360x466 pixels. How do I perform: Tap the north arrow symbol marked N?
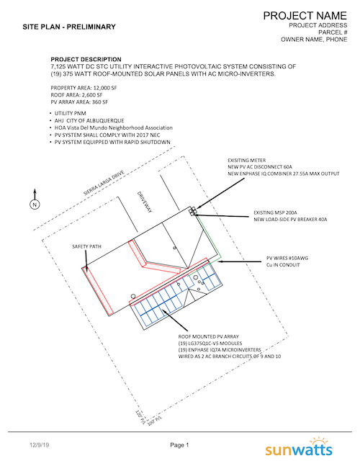coord(34,205)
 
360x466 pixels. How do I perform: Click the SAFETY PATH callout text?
coord(86,246)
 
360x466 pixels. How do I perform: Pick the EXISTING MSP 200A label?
coord(279,213)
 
